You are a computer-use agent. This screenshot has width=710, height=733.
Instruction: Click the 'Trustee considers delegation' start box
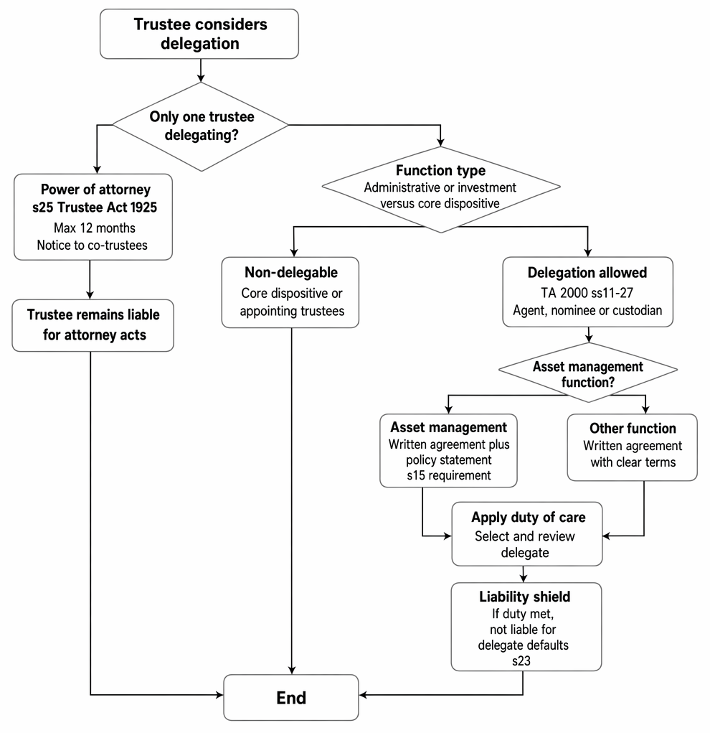199,34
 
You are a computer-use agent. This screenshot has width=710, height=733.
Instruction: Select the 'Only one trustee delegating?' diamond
201,126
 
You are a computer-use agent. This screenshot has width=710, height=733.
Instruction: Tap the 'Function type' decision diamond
441,190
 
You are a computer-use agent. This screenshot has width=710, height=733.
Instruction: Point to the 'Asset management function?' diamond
588,373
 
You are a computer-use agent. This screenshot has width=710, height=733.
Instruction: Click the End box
291,698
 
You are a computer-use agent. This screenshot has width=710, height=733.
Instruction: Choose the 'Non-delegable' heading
291,272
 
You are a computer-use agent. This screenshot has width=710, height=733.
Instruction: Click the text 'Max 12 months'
95,228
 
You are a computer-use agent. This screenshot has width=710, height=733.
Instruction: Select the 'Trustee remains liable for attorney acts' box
93,325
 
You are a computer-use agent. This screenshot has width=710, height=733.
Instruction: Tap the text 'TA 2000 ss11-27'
587,293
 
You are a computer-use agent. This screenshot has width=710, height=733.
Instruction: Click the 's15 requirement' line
449,475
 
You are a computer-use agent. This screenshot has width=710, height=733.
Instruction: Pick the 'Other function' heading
633,428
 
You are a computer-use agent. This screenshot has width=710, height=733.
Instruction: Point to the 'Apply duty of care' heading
529,517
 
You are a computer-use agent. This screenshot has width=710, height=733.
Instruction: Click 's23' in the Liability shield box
521,661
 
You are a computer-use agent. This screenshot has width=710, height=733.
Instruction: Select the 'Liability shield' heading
524,597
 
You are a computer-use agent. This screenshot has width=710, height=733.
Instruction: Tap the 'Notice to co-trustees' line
92,245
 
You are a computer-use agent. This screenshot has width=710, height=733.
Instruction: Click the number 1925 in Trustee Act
143,207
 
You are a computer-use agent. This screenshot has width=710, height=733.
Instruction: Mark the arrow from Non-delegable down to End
291,500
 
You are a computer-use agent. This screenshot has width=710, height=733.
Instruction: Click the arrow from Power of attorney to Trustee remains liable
90,279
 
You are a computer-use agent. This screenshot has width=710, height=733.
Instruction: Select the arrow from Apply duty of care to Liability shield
524,574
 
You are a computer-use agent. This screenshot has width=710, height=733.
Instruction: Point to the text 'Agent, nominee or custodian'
587,310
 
